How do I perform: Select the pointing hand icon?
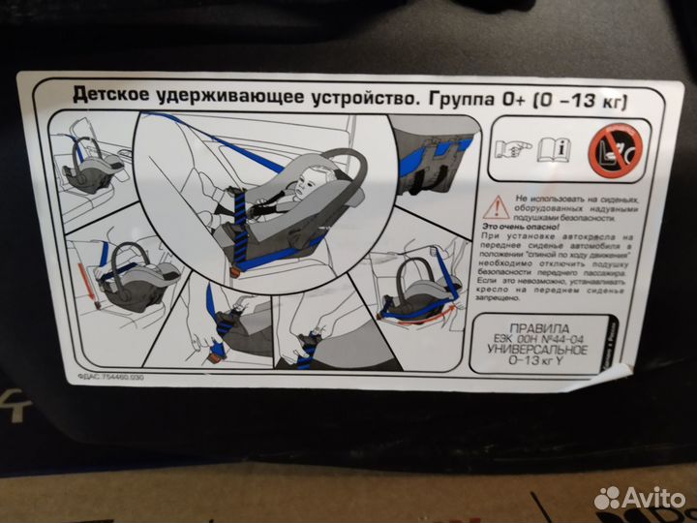(x=510, y=148)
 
